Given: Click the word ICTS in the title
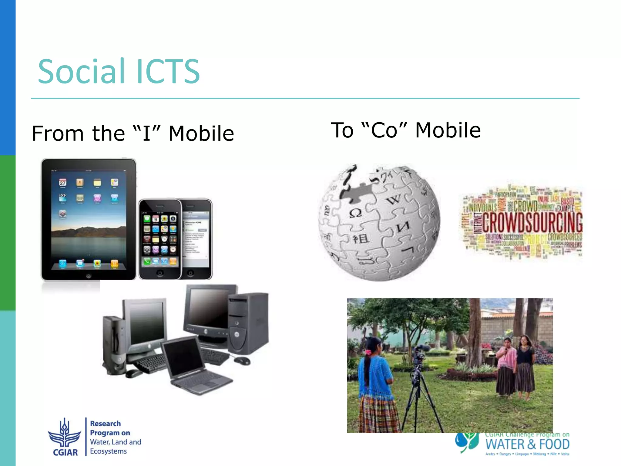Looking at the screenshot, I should (x=168, y=72).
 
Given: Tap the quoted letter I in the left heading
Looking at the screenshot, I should (x=147, y=133).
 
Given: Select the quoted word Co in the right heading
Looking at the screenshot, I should (x=384, y=130).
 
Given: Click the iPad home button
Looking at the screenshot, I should (x=89, y=275).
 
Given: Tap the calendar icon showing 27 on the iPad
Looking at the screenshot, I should (x=63, y=182).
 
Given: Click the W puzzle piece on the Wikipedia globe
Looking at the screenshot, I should (x=394, y=200).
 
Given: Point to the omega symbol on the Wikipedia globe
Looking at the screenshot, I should (x=355, y=213).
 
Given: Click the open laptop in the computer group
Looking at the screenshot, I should (x=194, y=367).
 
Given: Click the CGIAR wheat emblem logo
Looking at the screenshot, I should (x=65, y=434).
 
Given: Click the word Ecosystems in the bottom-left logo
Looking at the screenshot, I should (x=108, y=451).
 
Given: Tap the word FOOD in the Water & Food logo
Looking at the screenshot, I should (x=554, y=445).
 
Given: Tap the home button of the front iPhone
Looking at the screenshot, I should (x=160, y=273).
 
